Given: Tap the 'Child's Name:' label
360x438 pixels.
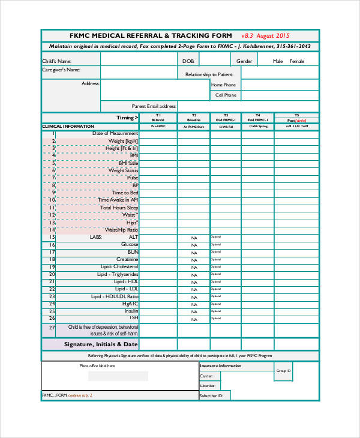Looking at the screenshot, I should click(x=56, y=61).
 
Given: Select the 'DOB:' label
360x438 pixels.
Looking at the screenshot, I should click(x=188, y=61).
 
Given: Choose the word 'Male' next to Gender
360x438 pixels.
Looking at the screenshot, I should click(x=278, y=61).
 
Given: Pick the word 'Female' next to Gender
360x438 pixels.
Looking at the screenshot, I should click(x=297, y=61).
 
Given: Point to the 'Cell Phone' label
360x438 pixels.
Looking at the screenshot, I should click(x=226, y=95).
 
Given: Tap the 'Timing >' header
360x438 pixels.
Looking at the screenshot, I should click(x=127, y=118).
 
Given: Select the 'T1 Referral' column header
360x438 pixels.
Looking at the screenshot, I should click(x=158, y=118).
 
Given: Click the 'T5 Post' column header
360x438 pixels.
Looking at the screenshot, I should click(x=296, y=118).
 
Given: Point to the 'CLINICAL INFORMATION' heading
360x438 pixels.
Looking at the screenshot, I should click(x=68, y=127).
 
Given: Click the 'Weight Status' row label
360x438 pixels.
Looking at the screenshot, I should click(x=123, y=170).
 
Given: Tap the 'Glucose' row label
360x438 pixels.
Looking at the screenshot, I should click(x=130, y=244).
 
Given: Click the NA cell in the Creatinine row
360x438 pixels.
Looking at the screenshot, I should click(x=194, y=260).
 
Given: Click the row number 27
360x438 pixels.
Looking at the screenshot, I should click(x=52, y=329).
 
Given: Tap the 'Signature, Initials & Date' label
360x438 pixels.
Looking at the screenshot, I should click(x=101, y=344).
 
